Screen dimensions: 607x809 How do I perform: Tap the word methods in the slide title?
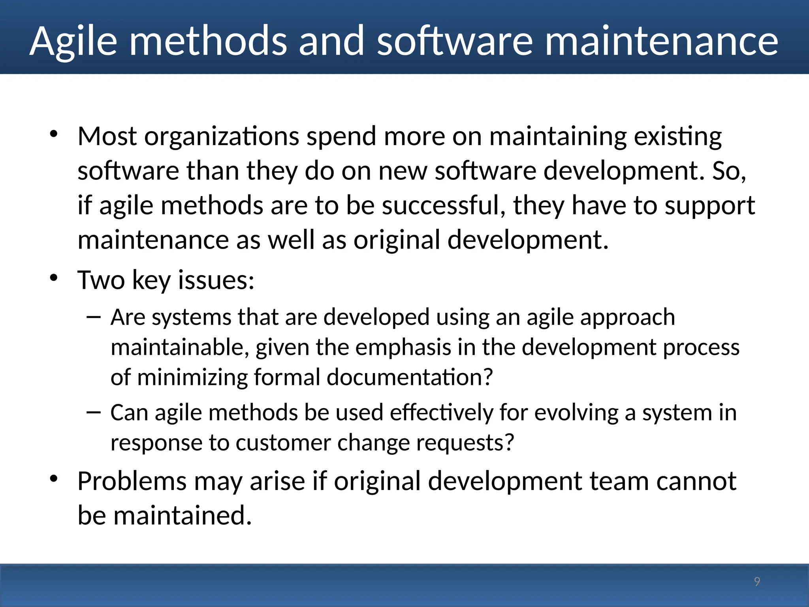click(x=208, y=41)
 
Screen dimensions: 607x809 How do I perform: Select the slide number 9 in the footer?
click(x=757, y=581)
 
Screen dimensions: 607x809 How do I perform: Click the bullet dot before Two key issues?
click(x=54, y=278)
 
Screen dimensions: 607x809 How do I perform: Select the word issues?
click(x=216, y=280)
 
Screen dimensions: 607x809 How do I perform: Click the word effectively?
click(x=441, y=413)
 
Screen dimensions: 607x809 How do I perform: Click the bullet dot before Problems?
click(x=54, y=479)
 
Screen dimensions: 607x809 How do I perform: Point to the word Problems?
click(x=132, y=482)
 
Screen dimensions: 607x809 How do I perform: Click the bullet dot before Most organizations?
click(x=54, y=134)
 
